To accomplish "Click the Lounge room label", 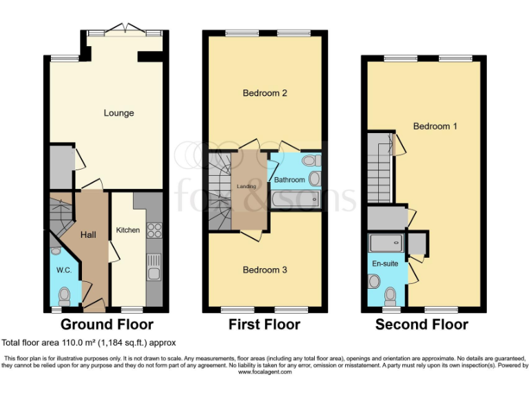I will click(118, 113).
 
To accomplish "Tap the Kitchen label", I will click(128, 230).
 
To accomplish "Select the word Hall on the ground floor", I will click(88, 235).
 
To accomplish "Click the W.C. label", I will click(63, 270).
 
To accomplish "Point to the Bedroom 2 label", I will click(264, 93).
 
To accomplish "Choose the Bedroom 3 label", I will click(264, 270).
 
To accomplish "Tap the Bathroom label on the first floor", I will click(289, 180).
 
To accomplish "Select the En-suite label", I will click(385, 263).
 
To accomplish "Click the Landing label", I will click(247, 186).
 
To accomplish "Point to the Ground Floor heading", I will click(107, 325).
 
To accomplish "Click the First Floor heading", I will click(265, 325).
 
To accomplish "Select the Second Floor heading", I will click(422, 325).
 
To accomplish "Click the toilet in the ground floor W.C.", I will click(65, 296).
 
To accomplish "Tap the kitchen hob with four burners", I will click(155, 230).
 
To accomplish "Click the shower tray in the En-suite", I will click(385, 243).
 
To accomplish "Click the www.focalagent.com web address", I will click(264, 371).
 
